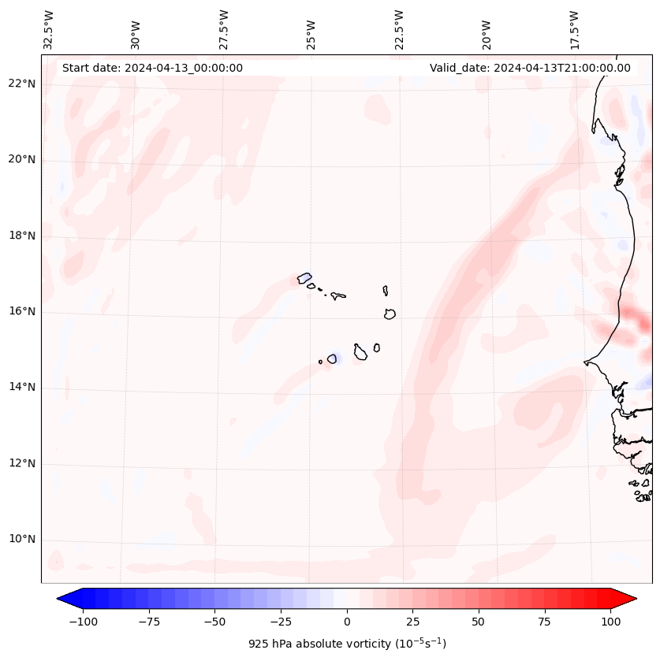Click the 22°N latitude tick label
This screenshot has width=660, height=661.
[21, 84]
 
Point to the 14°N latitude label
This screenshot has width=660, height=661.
[21, 388]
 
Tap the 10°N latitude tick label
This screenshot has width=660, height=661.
[21, 540]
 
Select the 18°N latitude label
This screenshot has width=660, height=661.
[21, 236]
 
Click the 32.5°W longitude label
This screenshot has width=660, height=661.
[49, 29]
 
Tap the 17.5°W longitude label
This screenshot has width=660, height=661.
[574, 29]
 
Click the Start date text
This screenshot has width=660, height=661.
[152, 68]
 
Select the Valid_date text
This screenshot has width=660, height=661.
[530, 68]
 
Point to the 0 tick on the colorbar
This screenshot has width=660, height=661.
[347, 622]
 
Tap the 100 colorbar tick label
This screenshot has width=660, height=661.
[610, 622]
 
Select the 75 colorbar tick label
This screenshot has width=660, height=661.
[544, 622]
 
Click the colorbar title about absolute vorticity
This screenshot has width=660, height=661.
[347, 644]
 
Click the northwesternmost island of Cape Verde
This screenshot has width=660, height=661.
[304, 278]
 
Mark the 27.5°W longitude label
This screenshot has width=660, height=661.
[224, 29]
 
